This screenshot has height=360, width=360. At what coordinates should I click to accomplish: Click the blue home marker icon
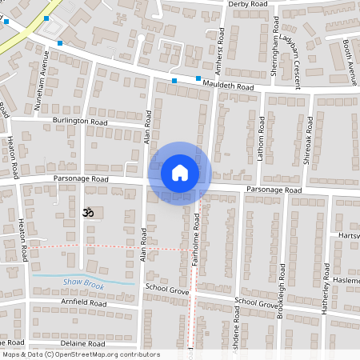(180, 173)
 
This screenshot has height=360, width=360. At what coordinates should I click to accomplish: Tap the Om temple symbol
(88, 214)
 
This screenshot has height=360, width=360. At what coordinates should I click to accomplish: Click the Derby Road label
(247, 4)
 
